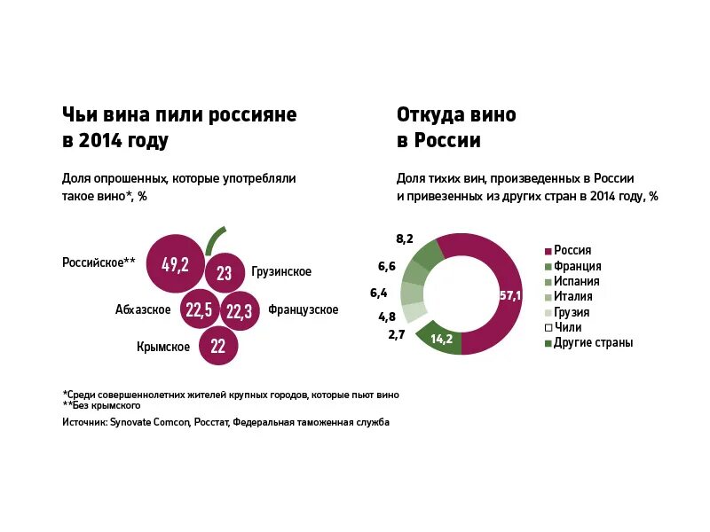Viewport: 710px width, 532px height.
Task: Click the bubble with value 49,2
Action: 176,263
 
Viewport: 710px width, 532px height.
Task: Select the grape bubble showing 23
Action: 225,273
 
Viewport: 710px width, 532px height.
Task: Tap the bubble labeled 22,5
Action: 199,309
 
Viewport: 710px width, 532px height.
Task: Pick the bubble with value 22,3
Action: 239,310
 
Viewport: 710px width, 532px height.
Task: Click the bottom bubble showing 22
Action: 218,347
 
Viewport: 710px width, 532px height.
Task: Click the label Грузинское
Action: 281,272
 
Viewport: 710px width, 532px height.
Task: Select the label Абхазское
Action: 143,309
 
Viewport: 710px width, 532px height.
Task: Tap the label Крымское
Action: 163,347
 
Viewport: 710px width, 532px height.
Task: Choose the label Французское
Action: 303,309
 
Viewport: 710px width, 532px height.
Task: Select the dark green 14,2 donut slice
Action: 441,339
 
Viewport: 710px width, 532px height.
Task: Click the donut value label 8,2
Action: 405,239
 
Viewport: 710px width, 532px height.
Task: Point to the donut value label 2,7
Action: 397,334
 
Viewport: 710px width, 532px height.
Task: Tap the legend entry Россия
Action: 572,251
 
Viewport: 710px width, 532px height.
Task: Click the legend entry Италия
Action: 572,297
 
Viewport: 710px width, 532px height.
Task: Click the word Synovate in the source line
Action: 132,422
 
